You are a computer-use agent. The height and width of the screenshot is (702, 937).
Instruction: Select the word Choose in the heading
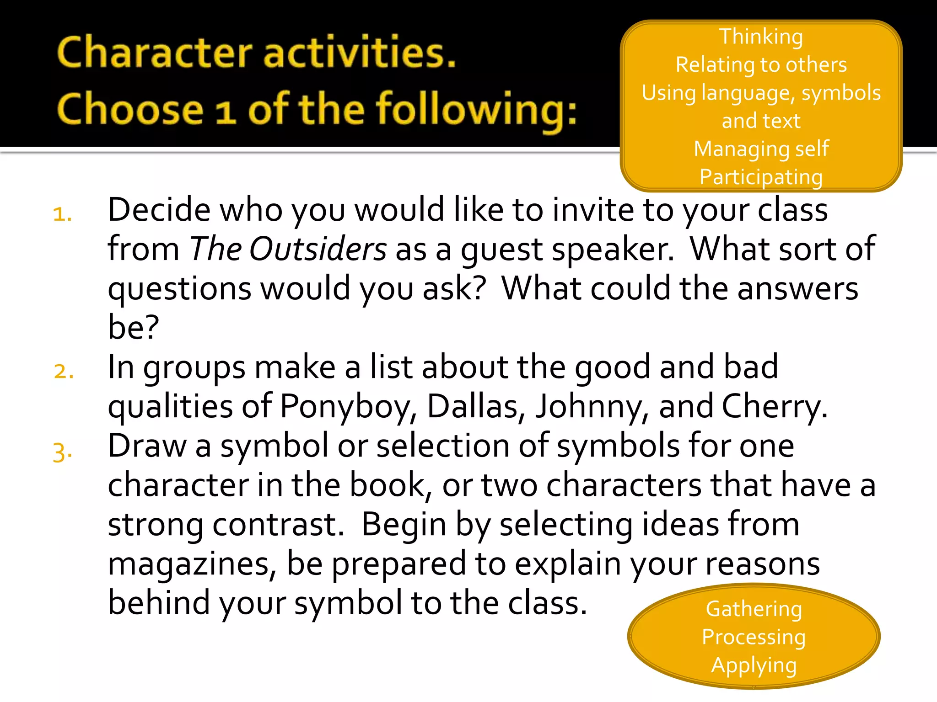click(x=130, y=110)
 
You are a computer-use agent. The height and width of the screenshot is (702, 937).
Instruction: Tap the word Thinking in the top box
click(x=761, y=37)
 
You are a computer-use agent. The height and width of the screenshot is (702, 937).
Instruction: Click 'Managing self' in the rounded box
click(x=761, y=149)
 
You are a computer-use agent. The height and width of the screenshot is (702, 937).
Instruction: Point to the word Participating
click(x=761, y=177)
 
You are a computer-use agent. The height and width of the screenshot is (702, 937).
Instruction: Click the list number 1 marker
click(x=62, y=214)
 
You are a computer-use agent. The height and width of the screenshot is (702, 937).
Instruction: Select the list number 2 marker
click(x=64, y=371)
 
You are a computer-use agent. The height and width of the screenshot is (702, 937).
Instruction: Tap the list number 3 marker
click(x=62, y=452)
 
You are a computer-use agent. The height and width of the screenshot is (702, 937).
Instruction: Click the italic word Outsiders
click(x=318, y=250)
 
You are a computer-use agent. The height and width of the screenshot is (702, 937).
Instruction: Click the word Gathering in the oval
click(x=754, y=609)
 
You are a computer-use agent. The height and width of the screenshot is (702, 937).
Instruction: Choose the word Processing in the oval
click(x=754, y=637)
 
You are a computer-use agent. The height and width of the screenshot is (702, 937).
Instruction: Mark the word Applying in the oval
click(x=754, y=665)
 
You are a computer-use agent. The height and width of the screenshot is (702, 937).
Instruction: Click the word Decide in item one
click(x=159, y=210)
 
